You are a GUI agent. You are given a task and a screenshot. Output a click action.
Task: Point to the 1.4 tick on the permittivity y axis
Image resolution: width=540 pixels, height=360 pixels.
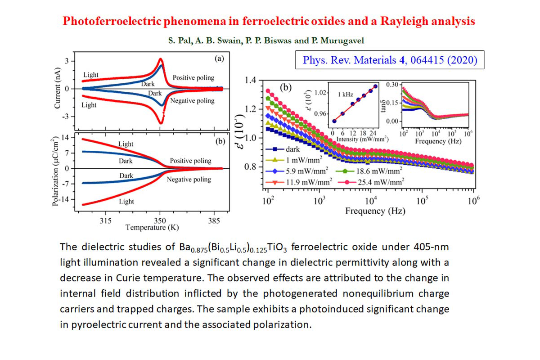tap(250, 81)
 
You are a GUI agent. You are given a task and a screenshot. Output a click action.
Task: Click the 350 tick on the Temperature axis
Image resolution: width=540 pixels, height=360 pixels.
tap(160, 220)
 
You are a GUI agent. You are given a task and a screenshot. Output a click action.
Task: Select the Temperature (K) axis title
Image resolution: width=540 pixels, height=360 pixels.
tap(152, 227)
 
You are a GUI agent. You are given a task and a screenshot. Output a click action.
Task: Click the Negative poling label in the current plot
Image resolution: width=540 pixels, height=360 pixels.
tap(192, 101)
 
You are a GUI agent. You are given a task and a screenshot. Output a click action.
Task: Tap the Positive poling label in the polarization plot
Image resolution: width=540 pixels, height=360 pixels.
tap(190, 161)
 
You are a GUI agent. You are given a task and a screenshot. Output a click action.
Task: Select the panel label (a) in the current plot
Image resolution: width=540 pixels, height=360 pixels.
tap(217, 58)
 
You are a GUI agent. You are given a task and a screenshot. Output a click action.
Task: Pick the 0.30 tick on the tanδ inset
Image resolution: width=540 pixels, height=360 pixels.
tap(393, 85)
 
